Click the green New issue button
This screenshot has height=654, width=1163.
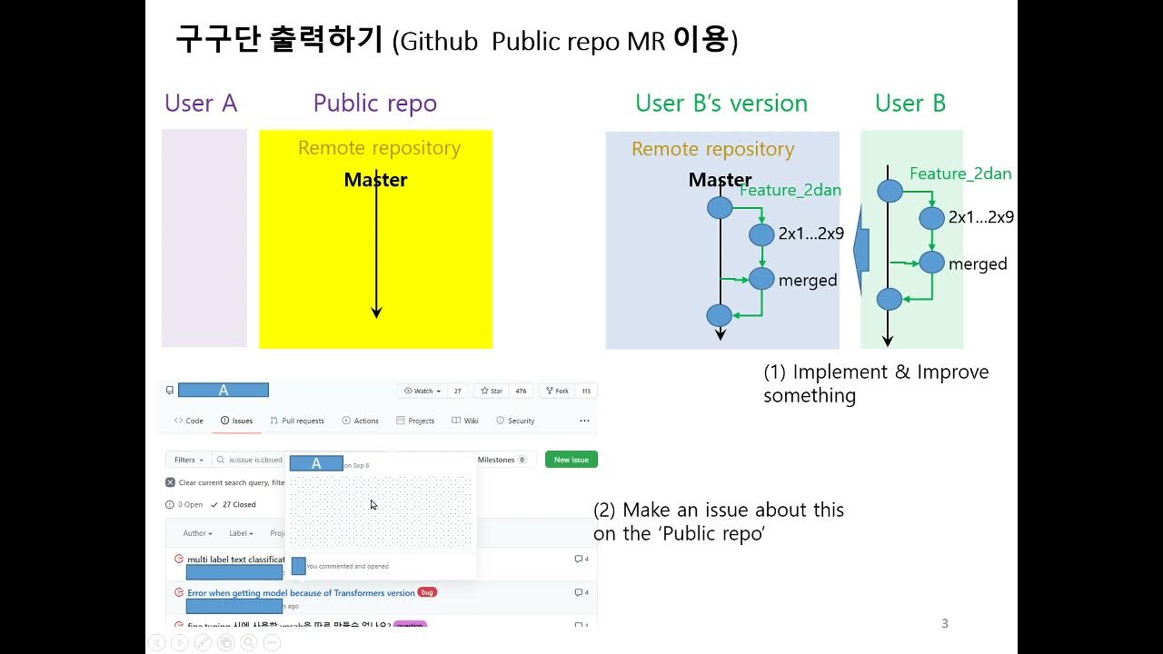pos(571,460)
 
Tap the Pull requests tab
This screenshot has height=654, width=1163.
pos(297,421)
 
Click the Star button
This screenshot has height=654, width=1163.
pos(491,391)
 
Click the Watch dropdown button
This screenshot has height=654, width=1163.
pos(422,391)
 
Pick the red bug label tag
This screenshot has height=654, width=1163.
pos(427,592)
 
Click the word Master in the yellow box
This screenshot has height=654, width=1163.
pos(375,180)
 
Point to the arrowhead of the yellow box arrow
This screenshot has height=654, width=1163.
pos(376,312)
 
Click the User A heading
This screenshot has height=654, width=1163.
pos(201,104)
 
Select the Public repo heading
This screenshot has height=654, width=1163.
pos(374,104)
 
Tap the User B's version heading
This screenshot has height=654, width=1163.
pos(721,104)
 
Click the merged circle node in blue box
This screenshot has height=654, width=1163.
pos(761,278)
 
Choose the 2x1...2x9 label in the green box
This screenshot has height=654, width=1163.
pos(980,217)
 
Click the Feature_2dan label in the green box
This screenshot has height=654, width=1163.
pos(960,173)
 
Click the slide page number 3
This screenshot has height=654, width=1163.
pos(945,623)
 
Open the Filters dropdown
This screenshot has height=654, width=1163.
pos(188,460)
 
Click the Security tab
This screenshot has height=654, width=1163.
pos(515,421)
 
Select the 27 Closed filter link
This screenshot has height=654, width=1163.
pos(234,504)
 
